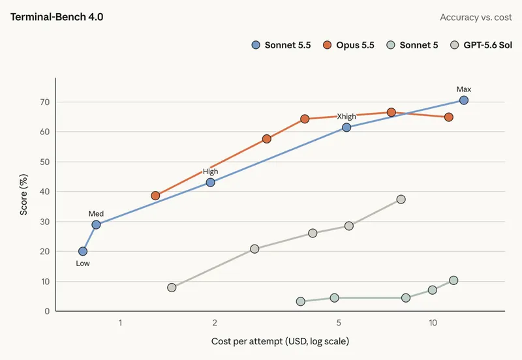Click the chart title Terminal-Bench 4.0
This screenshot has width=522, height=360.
57,17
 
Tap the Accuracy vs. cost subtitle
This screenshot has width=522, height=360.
476,18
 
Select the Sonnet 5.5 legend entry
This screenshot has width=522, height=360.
281,45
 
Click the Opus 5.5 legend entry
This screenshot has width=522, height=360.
348,45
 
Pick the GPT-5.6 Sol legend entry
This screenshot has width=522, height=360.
481,45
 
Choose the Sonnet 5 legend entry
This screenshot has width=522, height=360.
412,45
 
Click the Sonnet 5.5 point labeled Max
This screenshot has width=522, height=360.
464,100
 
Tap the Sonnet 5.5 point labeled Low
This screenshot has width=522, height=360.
83,251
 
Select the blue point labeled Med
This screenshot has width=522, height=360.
96,224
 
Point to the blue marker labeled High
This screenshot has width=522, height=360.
210,183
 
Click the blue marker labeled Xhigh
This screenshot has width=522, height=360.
346,127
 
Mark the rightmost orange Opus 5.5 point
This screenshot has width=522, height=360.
449,117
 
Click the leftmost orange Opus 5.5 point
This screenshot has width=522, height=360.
155,196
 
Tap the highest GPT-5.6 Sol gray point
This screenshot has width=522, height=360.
401,200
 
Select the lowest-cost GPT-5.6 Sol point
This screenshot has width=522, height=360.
172,288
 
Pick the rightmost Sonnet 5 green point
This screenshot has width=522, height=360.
453,280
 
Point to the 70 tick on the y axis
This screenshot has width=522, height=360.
45,102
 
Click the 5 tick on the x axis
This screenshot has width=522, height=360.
339,323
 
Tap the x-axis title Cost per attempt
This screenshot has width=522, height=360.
280,341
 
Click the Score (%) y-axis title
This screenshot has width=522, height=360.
23,194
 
